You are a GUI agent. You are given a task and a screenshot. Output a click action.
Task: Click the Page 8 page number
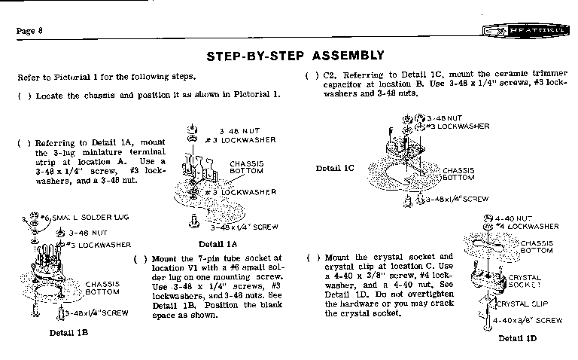pos(29,30)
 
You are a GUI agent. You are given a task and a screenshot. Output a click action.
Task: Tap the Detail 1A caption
pos(218,243)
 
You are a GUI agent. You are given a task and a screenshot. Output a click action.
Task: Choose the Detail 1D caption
pos(517,338)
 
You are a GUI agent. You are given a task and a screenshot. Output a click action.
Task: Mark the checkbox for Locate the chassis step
pos(23,96)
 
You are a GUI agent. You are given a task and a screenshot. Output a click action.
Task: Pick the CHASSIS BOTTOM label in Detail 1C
pos(458,175)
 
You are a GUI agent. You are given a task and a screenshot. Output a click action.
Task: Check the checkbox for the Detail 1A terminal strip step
pos(23,142)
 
